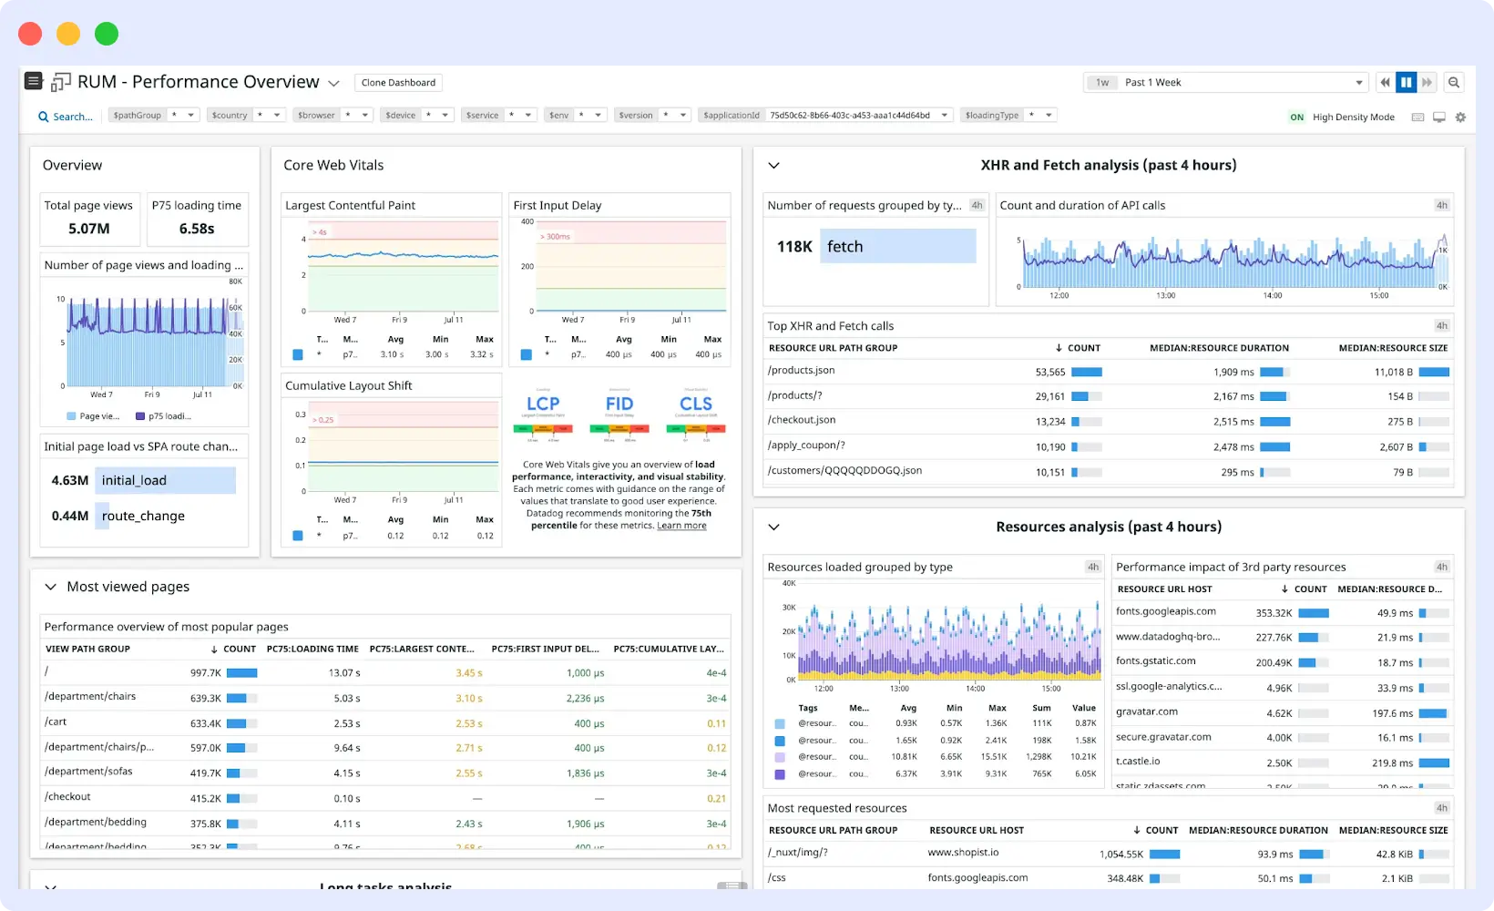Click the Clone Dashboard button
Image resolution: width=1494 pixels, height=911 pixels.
tap(398, 83)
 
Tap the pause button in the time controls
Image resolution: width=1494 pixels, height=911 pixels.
tap(1406, 83)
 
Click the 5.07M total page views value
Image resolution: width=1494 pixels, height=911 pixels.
tap(89, 229)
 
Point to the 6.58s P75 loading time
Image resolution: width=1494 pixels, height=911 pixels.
tap(197, 229)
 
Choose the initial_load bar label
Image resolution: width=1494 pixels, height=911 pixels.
tap(134, 481)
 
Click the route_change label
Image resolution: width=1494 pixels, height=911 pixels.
tap(143, 517)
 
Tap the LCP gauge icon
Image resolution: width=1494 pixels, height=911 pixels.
tap(543, 404)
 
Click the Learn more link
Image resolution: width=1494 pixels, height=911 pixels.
tap(681, 526)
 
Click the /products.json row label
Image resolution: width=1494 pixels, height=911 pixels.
tap(801, 371)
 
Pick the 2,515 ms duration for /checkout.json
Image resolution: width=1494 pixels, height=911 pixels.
tap(1233, 422)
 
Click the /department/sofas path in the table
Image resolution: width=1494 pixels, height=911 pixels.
tap(88, 772)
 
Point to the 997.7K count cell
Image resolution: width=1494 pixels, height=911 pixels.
tap(206, 673)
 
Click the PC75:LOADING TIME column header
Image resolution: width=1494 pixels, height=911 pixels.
tap(312, 650)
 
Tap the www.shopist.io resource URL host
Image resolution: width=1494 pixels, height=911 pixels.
tap(963, 853)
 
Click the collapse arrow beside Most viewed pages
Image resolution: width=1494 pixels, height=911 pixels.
tap(51, 588)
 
